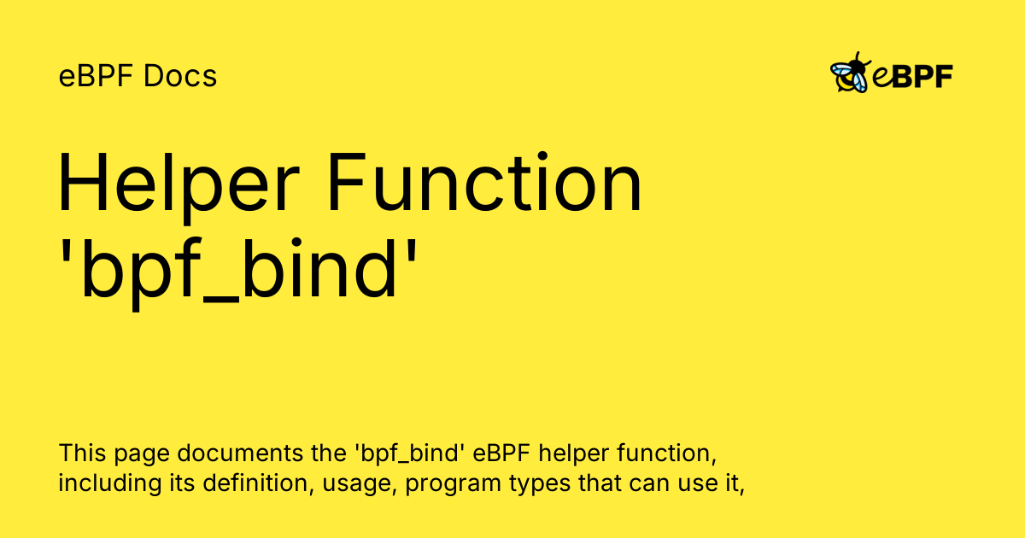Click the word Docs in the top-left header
(180, 75)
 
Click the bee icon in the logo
(851, 73)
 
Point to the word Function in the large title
(485, 182)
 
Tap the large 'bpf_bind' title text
(238, 272)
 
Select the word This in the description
(82, 453)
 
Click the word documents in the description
(240, 453)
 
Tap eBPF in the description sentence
(501, 453)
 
